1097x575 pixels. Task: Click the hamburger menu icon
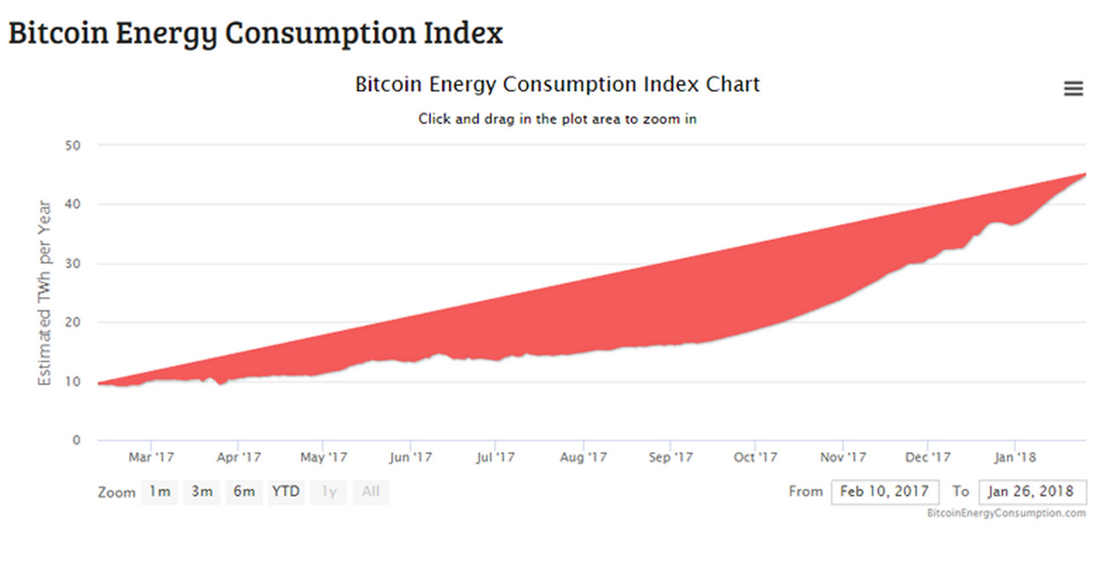[x=1073, y=88]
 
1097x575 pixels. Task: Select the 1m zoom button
[x=160, y=492]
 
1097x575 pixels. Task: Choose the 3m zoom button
[x=202, y=492]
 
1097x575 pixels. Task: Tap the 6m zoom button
[x=244, y=492]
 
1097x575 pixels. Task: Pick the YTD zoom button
[x=286, y=492]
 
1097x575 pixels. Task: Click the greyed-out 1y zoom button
[x=329, y=492]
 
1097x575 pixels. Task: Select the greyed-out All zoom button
[x=371, y=492]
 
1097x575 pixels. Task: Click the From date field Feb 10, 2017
[x=885, y=492]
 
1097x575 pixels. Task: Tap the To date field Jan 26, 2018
[x=1032, y=492]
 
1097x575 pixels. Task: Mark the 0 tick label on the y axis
[x=77, y=441]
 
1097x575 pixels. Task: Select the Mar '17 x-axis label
[x=151, y=458]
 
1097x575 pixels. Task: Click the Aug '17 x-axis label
[x=584, y=458]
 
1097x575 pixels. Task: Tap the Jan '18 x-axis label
[x=1015, y=458]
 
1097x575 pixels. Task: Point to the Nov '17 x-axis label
[x=843, y=458]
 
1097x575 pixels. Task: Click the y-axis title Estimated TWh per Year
[x=45, y=293]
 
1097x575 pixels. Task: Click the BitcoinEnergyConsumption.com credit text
[x=1007, y=513]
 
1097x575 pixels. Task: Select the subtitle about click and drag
[x=557, y=119]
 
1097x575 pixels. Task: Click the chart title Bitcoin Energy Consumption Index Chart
[x=557, y=85]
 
